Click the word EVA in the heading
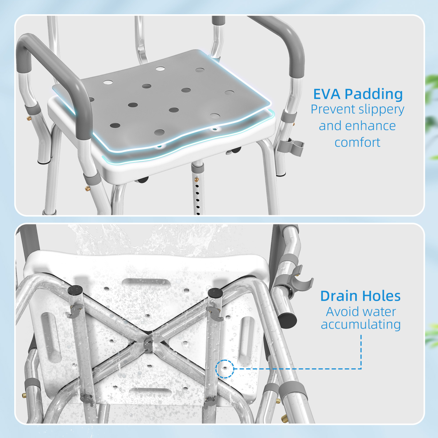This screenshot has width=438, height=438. point(327,94)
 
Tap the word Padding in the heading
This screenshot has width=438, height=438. point(374,94)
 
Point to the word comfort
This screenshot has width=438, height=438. point(357,142)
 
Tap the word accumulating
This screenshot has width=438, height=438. point(361,324)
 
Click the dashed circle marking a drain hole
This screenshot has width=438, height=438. point(224,369)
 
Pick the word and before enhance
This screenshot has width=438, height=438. point(330,126)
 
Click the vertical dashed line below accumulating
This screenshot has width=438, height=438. point(361,350)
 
